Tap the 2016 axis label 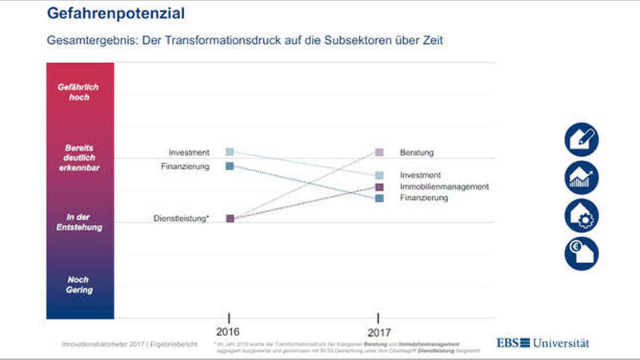click(230, 331)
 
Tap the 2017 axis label click(379, 331)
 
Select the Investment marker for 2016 click(230, 151)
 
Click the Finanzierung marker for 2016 click(230, 166)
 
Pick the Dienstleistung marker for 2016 click(230, 218)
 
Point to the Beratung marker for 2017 click(379, 152)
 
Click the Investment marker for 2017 click(379, 175)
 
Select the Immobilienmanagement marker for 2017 click(379, 187)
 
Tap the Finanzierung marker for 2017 click(379, 198)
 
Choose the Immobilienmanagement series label click(443, 186)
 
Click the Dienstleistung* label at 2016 click(182, 218)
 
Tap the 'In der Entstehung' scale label click(79, 222)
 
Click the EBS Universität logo click(543, 342)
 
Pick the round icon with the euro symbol click(582, 254)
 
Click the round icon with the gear click(582, 215)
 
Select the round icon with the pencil click(582, 138)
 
